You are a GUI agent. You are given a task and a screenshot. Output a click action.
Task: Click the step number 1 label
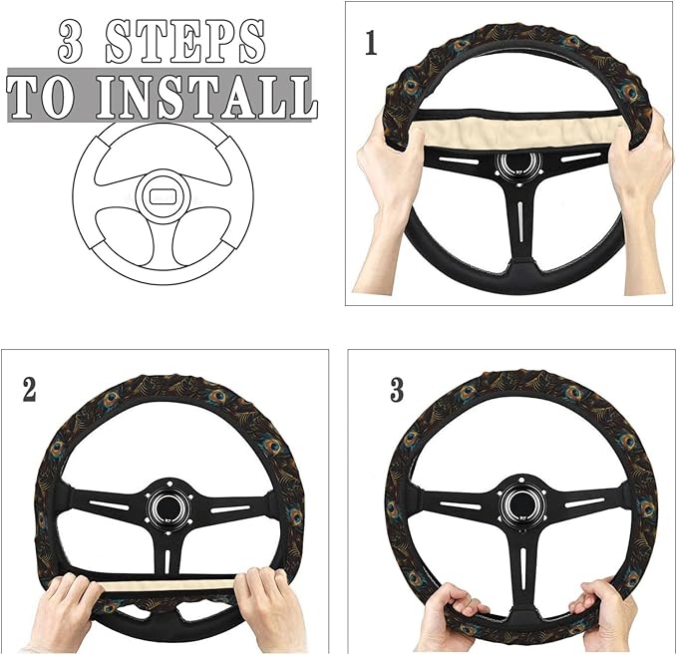tap(371, 45)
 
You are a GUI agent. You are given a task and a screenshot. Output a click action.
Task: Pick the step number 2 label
tap(29, 390)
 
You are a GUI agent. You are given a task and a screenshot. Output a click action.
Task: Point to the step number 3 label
tap(397, 390)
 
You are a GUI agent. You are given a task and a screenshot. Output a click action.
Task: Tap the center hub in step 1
tap(518, 164)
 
